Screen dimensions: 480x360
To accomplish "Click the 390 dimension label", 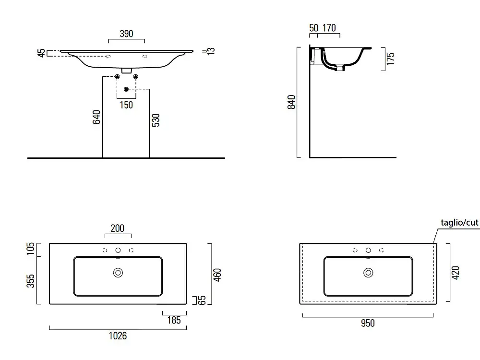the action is tap(126, 34).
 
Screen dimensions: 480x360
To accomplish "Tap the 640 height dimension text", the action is tap(96, 117).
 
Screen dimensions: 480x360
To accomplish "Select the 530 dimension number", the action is tap(156, 120).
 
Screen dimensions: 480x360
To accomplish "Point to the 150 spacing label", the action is tap(126, 105).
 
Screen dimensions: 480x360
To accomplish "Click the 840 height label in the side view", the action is tap(291, 102).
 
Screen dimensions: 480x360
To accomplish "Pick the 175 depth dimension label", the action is tap(391, 59).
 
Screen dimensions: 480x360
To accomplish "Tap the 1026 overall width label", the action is tap(118, 336).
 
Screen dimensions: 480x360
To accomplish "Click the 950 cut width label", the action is tap(368, 323).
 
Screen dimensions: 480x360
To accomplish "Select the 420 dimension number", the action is tap(456, 273).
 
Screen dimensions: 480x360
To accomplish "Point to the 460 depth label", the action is tap(217, 275).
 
